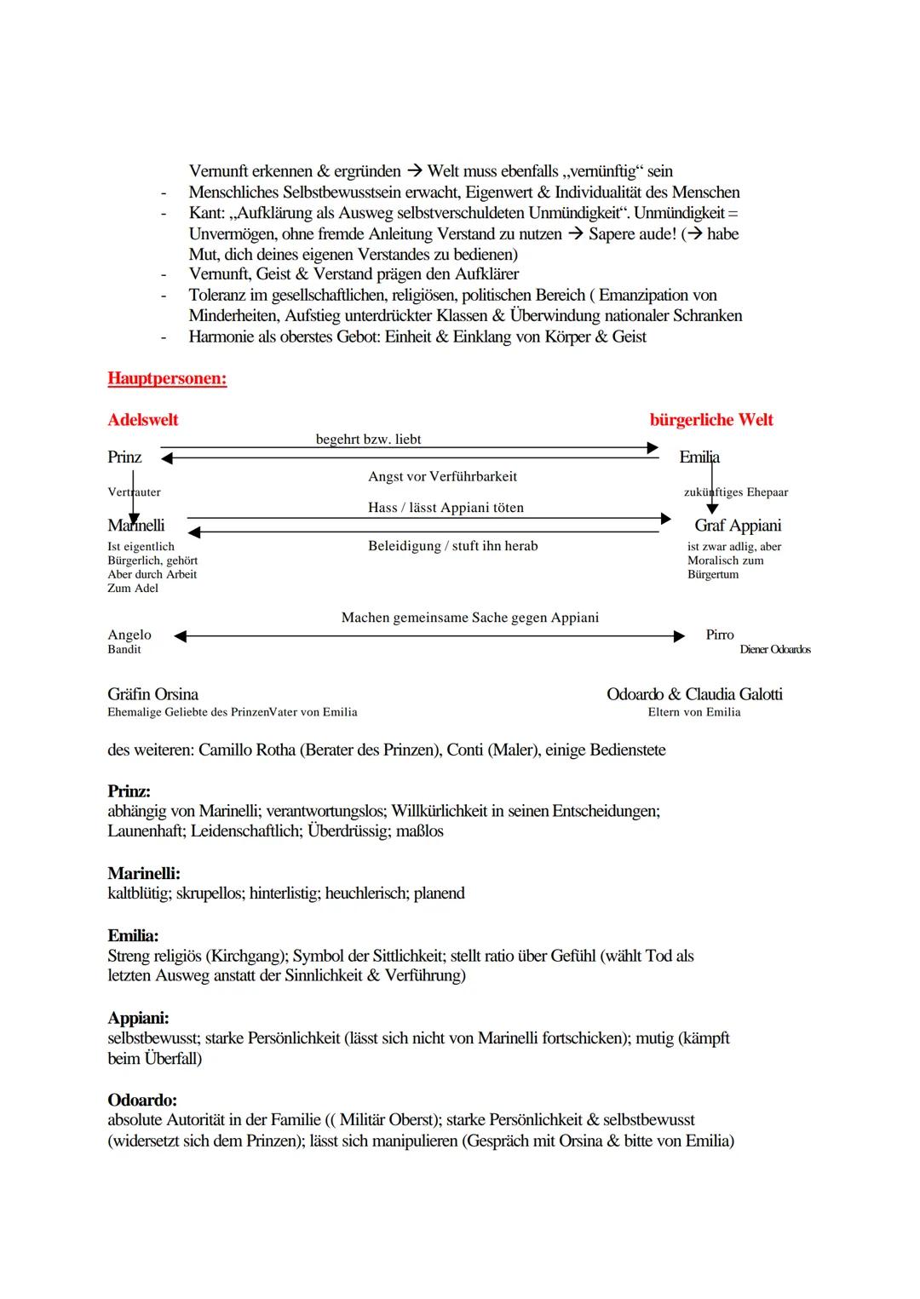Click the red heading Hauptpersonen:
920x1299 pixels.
167,379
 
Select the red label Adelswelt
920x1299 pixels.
143,420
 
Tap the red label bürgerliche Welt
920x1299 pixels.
711,420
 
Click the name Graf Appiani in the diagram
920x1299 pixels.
738,526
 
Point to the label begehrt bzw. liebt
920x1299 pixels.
368,440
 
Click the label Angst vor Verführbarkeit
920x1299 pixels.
442,477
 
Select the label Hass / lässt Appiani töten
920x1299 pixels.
446,508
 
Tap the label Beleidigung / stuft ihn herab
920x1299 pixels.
452,546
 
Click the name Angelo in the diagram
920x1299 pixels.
129,635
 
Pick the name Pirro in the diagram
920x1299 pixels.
720,635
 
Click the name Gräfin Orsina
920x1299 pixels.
152,694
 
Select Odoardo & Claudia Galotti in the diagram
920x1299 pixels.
694,694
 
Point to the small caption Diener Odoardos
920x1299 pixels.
775,650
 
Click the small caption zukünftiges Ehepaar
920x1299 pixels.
736,492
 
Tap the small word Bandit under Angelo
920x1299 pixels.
124,650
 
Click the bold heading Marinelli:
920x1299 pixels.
144,874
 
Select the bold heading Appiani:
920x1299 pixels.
138,1019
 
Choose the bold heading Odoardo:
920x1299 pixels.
142,1101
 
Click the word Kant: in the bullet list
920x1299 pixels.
207,213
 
